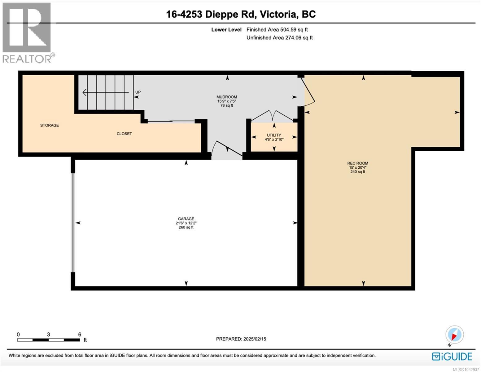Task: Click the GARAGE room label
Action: pyautogui.click(x=186, y=219)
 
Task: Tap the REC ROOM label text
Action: pyautogui.click(x=357, y=163)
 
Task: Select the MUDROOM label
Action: pyautogui.click(x=227, y=97)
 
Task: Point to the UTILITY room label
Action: pyautogui.click(x=274, y=135)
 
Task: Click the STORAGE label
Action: pyautogui.click(x=50, y=126)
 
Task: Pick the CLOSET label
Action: pyautogui.click(x=124, y=134)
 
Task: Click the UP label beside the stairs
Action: pyautogui.click(x=138, y=92)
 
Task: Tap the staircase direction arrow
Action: pyautogui.click(x=106, y=92)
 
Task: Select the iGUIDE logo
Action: pyautogui.click(x=452, y=356)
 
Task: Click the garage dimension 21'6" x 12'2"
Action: pyautogui.click(x=186, y=223)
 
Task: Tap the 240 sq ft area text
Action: pyautogui.click(x=358, y=172)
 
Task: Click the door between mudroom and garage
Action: pyautogui.click(x=227, y=148)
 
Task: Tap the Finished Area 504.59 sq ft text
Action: pyautogui.click(x=277, y=29)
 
